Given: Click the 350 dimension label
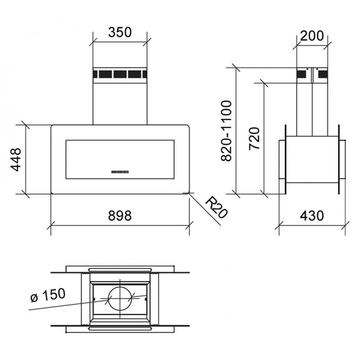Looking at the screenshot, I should pyautogui.click(x=120, y=33).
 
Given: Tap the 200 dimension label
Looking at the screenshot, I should pyautogui.click(x=311, y=36).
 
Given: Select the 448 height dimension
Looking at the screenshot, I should pyautogui.click(x=17, y=159).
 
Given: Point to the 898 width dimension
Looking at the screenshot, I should pyautogui.click(x=119, y=216).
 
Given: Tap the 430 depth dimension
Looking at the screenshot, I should pyautogui.click(x=311, y=216).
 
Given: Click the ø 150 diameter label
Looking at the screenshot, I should pyautogui.click(x=47, y=296).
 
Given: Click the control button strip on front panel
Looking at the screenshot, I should pyautogui.click(x=120, y=171).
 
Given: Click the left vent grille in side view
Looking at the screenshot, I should pyautogui.click(x=304, y=75).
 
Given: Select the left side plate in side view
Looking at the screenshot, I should pyautogui.click(x=281, y=160).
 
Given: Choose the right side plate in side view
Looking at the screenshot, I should pyautogui.click(x=342, y=160).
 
